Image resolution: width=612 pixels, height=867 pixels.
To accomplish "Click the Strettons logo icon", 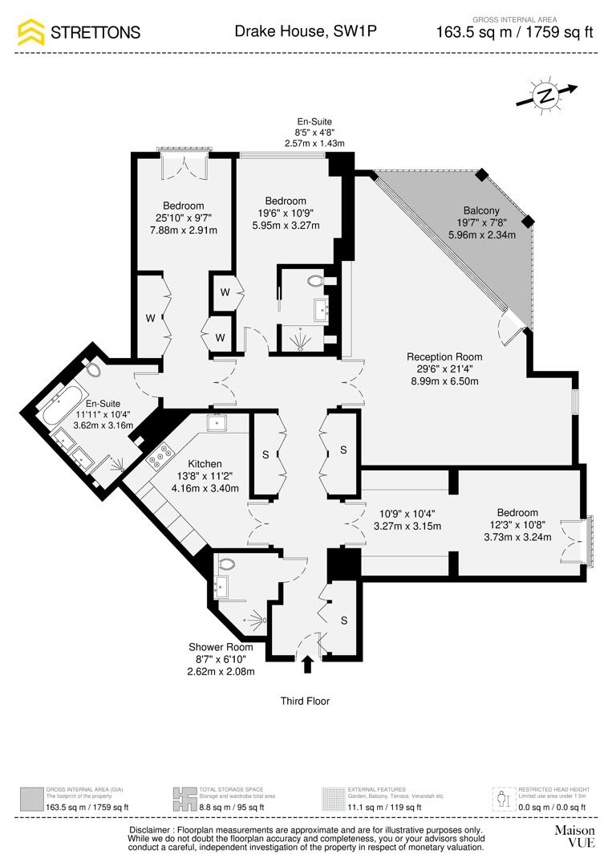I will (31, 32).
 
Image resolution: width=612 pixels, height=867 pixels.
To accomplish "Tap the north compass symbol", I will (546, 95).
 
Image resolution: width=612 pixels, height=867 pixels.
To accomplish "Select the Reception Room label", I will (444, 357).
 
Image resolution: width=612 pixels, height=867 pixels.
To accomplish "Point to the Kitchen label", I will (205, 464).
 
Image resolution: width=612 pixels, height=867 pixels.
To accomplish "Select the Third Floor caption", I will (305, 701).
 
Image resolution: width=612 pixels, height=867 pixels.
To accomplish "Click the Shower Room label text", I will (221, 647).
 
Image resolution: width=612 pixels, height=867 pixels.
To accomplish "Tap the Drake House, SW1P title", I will (306, 31).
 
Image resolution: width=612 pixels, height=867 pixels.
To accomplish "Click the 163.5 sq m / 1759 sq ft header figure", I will (514, 33).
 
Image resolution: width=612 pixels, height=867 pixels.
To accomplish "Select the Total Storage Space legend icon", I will (184, 799).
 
